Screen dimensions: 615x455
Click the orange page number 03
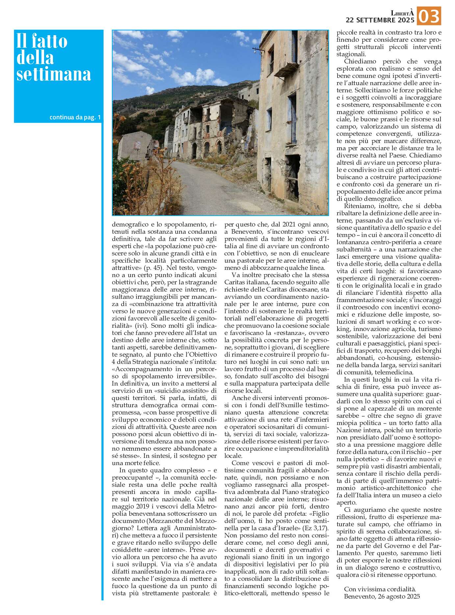click(429, 16)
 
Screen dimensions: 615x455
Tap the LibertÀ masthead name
click(402, 13)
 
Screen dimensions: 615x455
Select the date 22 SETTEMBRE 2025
click(380, 20)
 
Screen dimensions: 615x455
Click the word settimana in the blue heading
click(54, 74)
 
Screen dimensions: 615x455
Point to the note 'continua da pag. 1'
click(75, 117)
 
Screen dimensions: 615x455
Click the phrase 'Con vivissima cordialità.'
click(380, 589)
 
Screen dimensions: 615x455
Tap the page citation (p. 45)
click(154, 268)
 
